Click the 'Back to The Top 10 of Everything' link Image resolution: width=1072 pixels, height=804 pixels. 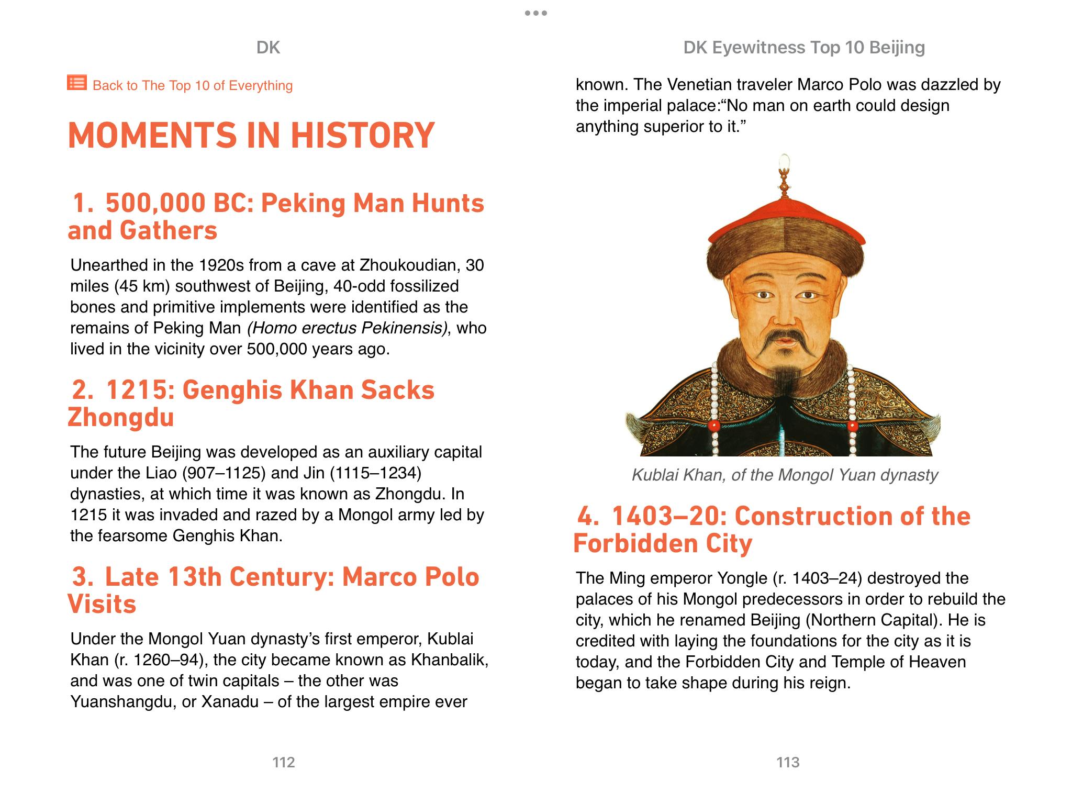(x=192, y=85)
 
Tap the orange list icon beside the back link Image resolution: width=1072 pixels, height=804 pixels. (x=76, y=83)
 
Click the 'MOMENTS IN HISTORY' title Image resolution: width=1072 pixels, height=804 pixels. (x=251, y=135)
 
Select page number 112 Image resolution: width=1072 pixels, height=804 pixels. (x=283, y=762)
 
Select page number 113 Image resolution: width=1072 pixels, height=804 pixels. (x=788, y=762)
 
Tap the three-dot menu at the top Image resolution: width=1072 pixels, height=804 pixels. (x=536, y=13)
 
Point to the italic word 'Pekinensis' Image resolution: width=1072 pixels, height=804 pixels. (x=404, y=328)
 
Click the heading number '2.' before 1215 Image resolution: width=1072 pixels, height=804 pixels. (x=83, y=390)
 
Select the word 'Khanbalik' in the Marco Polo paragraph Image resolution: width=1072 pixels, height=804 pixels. (x=449, y=660)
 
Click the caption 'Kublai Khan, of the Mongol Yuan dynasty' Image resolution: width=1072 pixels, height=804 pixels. (x=784, y=475)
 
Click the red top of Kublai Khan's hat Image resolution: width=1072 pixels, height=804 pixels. (x=785, y=217)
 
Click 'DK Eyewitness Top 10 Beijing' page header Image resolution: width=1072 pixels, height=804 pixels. (x=803, y=48)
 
